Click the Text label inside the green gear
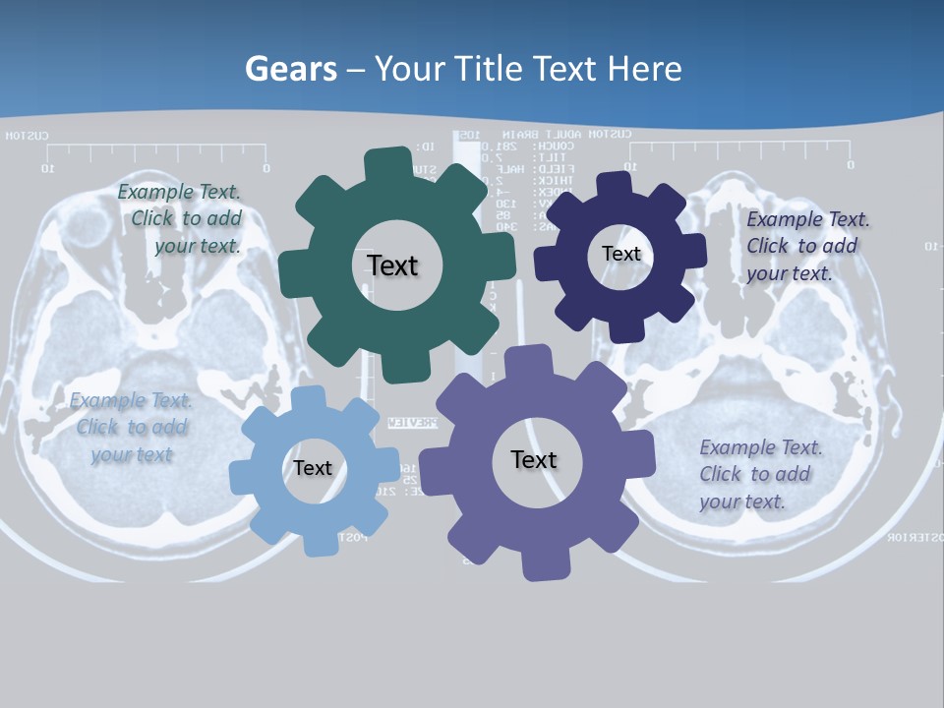(x=392, y=265)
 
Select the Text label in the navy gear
(x=620, y=254)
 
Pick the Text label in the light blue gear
(x=313, y=468)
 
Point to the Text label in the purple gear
(x=534, y=459)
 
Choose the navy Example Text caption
(x=806, y=246)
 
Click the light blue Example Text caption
(x=132, y=427)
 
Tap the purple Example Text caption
(x=759, y=474)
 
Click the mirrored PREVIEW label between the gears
(x=412, y=423)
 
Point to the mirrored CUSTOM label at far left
(x=28, y=136)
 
